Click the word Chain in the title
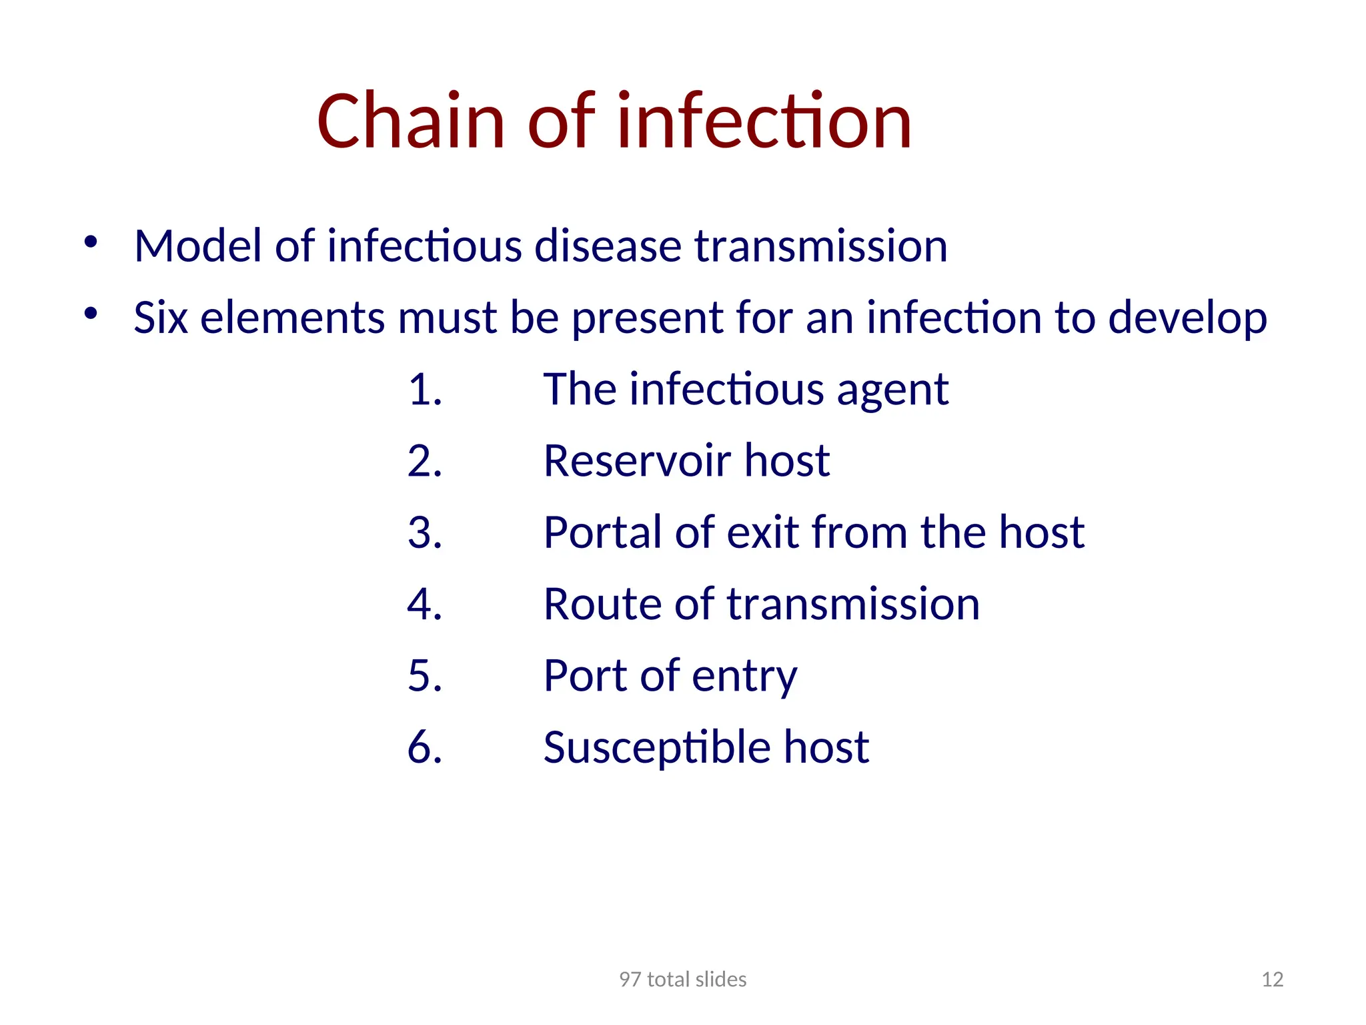click(410, 121)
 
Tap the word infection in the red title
click(764, 121)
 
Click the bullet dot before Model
click(91, 242)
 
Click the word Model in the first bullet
click(197, 246)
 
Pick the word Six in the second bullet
click(160, 318)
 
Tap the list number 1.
click(424, 390)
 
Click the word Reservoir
click(637, 461)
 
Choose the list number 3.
click(424, 533)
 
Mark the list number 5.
click(424, 676)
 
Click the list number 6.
click(424, 747)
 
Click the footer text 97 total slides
click(682, 979)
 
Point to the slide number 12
click(1272, 979)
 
